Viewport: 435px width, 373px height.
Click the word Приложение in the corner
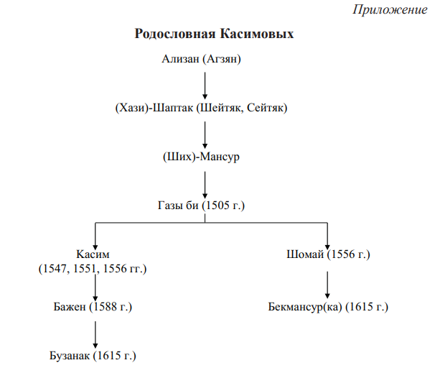(390, 10)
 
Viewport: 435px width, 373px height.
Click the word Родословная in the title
(175, 34)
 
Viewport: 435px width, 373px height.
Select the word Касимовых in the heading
(257, 34)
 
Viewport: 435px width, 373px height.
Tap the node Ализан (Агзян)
(202, 59)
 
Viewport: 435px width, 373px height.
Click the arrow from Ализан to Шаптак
(205, 86)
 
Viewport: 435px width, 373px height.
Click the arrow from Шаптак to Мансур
(205, 134)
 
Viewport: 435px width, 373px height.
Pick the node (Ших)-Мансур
(201, 157)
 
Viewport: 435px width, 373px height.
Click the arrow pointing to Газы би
(205, 185)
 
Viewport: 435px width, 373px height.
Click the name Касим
(93, 254)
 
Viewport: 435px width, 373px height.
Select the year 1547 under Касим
(55, 269)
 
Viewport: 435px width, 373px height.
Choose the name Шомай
(305, 254)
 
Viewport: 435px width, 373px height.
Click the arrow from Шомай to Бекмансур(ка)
(327, 285)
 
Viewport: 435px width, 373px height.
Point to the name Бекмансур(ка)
(305, 307)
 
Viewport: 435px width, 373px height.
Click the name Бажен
(70, 307)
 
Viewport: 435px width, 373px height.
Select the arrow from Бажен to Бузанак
(95, 335)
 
